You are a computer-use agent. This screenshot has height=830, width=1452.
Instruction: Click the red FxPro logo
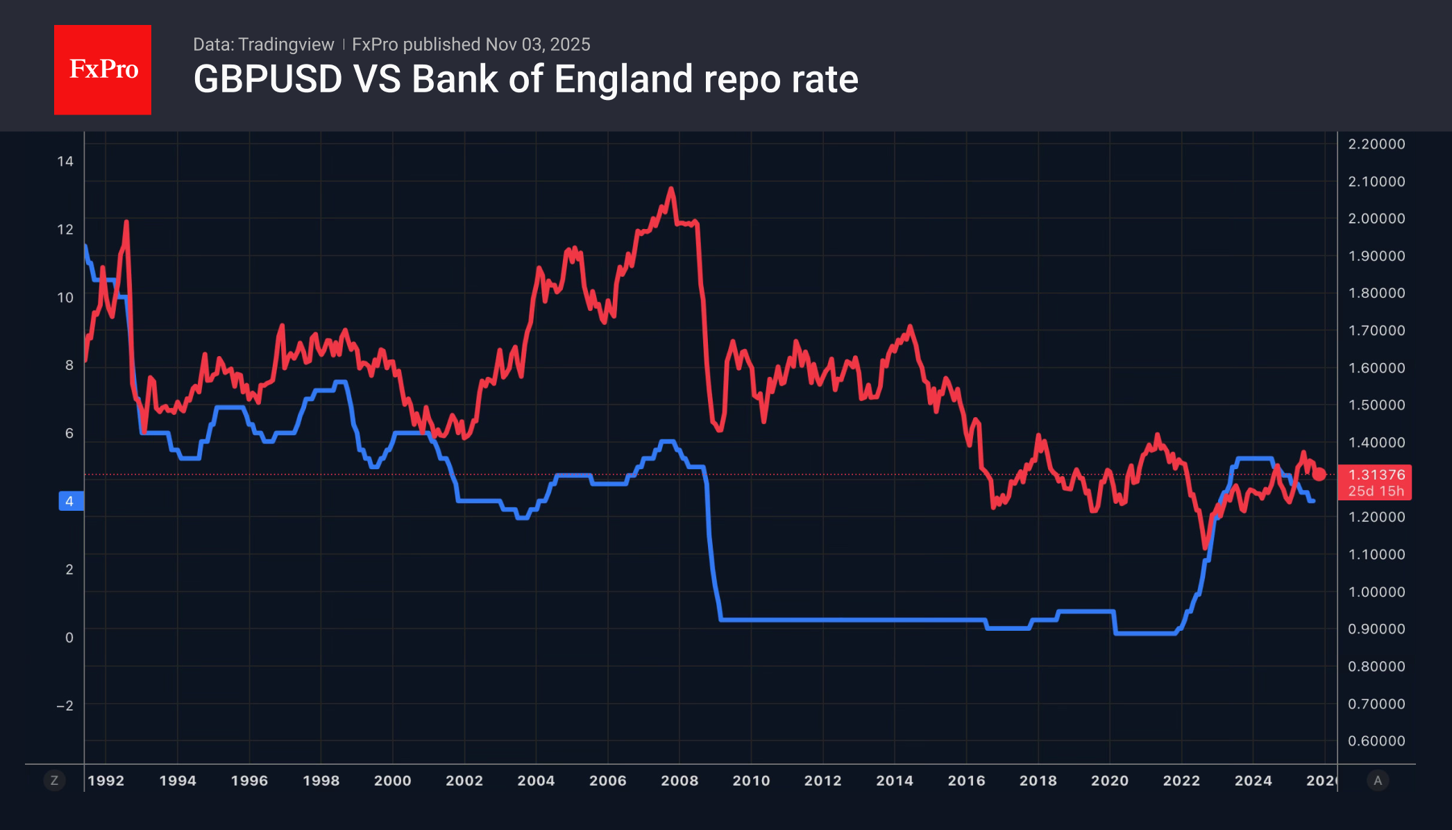point(103,69)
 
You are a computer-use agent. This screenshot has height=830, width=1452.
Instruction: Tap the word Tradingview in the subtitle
point(286,44)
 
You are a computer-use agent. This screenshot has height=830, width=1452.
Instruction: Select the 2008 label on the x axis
point(679,781)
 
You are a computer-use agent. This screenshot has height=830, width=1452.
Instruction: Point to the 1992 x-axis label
point(105,781)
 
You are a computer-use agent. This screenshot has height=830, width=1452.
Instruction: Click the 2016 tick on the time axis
point(966,781)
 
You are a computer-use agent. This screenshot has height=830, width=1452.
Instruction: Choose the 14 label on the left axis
point(65,162)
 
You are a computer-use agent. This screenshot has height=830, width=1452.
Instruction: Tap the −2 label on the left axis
point(65,706)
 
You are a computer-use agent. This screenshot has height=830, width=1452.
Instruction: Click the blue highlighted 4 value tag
point(70,501)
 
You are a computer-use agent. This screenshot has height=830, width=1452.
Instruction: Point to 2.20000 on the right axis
point(1376,144)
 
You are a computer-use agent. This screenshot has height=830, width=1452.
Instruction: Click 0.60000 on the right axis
point(1376,741)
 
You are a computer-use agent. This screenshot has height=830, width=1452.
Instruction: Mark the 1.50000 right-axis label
point(1376,405)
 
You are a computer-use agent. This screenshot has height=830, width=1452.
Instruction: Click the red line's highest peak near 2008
point(670,188)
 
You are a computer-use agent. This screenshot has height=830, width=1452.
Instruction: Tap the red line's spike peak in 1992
point(126,222)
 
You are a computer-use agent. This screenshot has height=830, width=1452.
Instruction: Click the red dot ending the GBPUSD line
point(1319,475)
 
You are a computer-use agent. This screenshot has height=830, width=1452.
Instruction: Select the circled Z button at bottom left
point(54,781)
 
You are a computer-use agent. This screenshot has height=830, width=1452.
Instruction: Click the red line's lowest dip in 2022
point(1206,547)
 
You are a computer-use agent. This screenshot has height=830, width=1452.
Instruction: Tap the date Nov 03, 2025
point(538,44)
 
